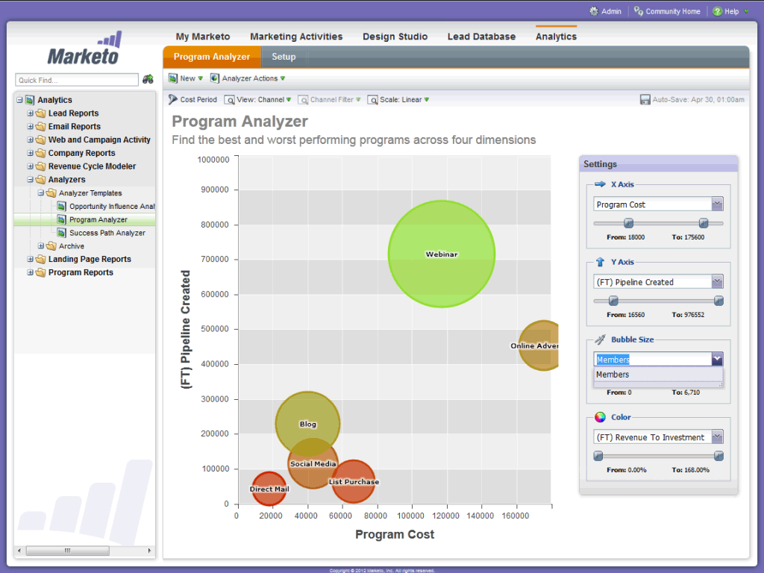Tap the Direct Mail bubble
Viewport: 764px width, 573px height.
click(269, 489)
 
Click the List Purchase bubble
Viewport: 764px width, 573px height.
click(354, 482)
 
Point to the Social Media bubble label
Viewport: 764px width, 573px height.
click(313, 464)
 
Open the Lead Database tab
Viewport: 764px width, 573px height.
click(481, 37)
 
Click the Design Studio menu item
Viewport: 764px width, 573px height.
click(395, 37)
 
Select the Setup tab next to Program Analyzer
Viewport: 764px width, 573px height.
click(284, 57)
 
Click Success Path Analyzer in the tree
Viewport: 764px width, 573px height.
click(107, 233)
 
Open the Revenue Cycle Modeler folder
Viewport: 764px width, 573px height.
click(92, 166)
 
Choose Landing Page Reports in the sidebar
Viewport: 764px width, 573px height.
click(90, 259)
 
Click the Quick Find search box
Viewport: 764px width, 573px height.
click(77, 80)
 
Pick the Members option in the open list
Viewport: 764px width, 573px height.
click(613, 375)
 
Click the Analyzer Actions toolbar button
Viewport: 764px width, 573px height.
click(249, 78)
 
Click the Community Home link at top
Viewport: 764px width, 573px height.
click(672, 11)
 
